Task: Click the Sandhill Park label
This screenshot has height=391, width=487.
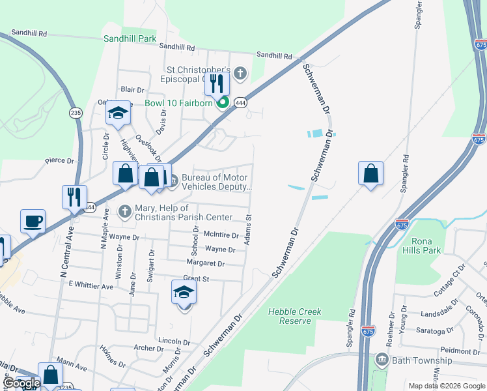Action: pos(130,38)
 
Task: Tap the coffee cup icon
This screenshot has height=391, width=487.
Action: pos(33,222)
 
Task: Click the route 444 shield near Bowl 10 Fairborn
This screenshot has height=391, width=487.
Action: pos(241,103)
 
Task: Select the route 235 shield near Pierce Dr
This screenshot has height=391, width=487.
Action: pos(76,112)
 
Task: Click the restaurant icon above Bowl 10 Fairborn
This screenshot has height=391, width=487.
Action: pos(217,83)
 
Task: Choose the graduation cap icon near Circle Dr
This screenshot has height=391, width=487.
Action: pos(118,113)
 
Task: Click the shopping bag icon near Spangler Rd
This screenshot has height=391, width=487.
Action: pos(370,174)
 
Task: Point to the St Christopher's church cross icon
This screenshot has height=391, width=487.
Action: pos(240,73)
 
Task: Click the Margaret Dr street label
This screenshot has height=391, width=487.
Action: pos(205,264)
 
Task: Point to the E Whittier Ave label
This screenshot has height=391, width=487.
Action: pos(91,285)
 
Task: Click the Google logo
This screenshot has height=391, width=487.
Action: pos(21,383)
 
